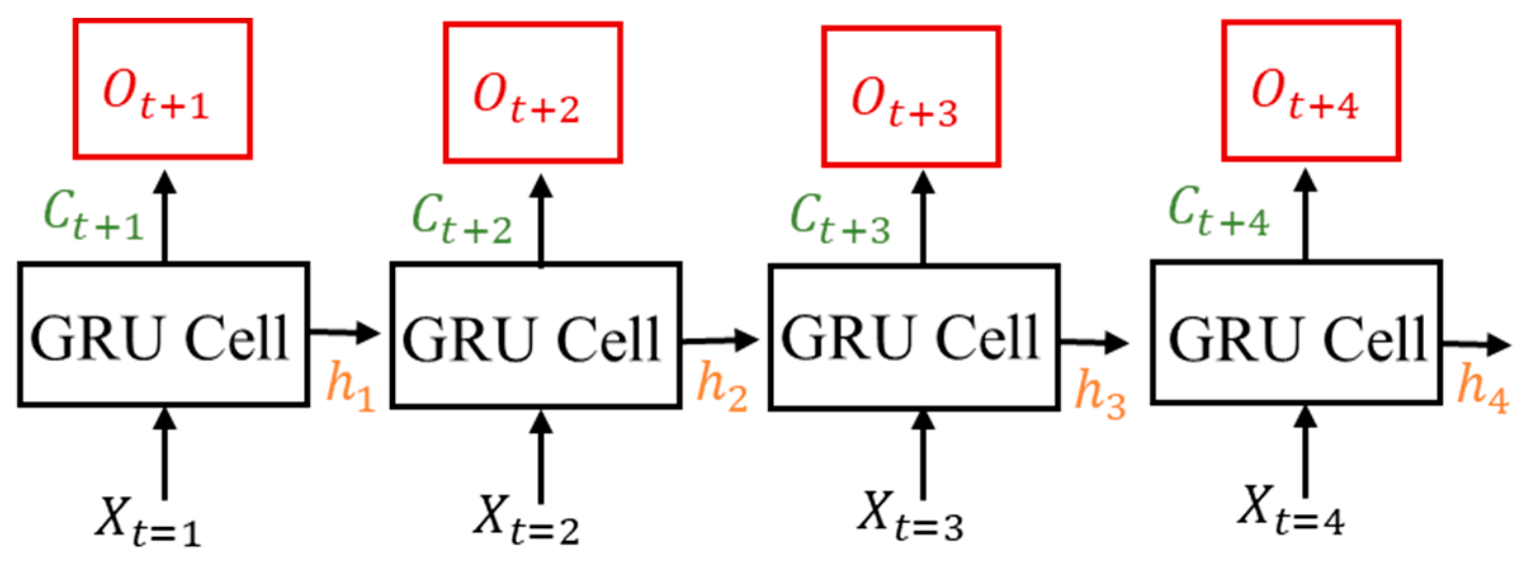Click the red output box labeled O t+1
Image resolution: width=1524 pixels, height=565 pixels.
(162, 89)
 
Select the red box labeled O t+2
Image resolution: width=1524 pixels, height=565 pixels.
(532, 93)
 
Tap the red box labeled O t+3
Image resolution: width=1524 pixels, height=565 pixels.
(911, 96)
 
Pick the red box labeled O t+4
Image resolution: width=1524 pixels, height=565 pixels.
(1311, 90)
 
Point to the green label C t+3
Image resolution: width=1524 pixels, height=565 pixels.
(840, 219)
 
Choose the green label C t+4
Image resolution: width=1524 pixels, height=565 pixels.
(1218, 212)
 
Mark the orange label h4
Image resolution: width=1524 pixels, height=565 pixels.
(1482, 387)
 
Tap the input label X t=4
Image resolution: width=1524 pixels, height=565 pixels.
(1291, 512)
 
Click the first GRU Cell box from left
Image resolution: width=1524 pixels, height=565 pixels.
(163, 334)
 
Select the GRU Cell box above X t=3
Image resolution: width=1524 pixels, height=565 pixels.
(913, 337)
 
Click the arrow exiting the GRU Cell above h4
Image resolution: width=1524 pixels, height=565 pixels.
(1476, 346)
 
